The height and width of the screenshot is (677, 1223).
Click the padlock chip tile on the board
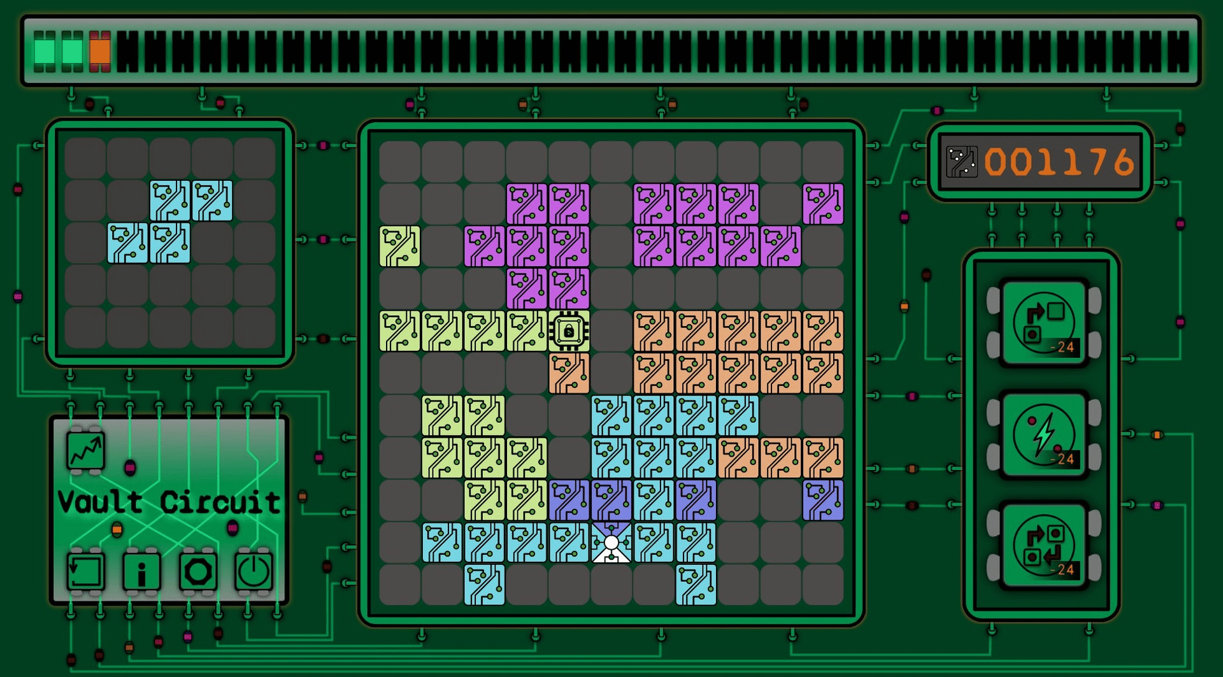click(569, 331)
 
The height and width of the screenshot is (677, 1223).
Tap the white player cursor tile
click(611, 543)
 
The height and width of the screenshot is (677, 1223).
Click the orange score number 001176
click(1059, 162)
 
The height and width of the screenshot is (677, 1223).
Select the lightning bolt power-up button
click(1044, 435)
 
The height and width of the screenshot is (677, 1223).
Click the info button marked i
click(141, 571)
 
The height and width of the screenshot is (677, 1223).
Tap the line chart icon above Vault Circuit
click(86, 451)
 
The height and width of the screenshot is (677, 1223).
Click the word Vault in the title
click(100, 502)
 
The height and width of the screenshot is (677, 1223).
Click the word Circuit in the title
click(220, 502)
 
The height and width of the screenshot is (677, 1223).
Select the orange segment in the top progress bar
click(100, 50)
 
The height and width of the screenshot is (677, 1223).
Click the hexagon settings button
click(198, 571)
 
